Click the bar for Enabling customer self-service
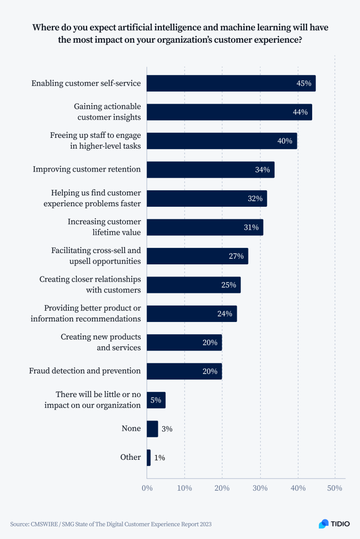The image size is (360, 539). coord(231,83)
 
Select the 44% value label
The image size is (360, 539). coord(300,112)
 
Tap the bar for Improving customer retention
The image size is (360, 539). coord(210,170)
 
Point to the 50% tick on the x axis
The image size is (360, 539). coord(334,488)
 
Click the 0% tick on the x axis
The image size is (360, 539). coord(147,488)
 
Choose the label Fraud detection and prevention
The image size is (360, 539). coord(85,371)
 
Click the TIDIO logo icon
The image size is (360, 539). coord(324,524)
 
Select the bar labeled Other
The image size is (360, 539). coord(149,457)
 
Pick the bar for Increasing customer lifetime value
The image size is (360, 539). coord(204,227)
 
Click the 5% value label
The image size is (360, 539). coord(156,400)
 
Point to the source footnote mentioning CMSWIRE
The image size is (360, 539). coord(114,524)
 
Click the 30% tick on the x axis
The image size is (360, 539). coord(260,488)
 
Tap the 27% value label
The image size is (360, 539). coord(236,256)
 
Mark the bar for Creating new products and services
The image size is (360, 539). coord(184,343)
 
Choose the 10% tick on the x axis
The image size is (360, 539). coord(184,488)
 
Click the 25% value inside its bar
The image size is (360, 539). coord(229,285)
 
